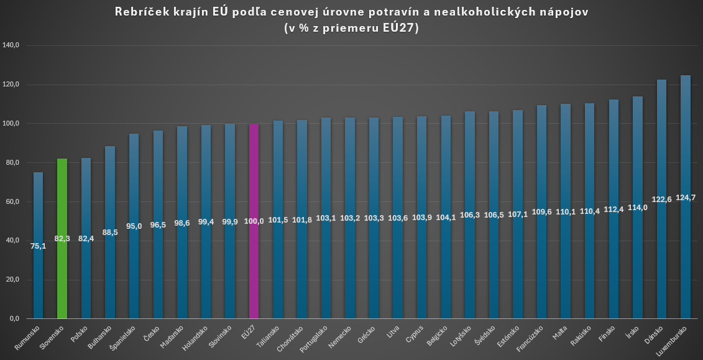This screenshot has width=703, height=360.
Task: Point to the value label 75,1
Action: click(x=38, y=246)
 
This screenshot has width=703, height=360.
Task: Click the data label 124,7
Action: click(x=686, y=198)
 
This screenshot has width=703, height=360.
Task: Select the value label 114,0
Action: click(x=638, y=208)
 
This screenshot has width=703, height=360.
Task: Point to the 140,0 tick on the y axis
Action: click(x=12, y=45)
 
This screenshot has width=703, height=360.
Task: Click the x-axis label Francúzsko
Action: click(x=530, y=339)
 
